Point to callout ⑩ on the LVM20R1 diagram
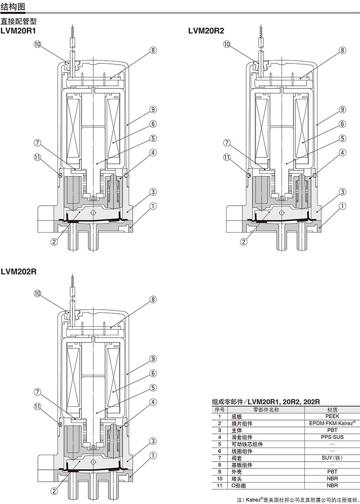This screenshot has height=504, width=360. [37, 44]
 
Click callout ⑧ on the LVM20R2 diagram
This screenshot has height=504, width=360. [342, 50]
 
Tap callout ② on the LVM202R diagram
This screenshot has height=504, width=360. [54, 491]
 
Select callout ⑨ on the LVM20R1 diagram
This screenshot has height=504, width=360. [153, 109]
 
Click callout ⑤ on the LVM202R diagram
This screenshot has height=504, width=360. [153, 388]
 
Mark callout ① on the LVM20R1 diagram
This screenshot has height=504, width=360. [153, 206]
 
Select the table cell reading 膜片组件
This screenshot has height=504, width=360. [242, 423]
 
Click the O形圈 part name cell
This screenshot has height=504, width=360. [240, 486]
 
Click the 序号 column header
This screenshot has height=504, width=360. [220, 409]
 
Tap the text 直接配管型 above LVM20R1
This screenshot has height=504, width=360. [18, 21]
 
